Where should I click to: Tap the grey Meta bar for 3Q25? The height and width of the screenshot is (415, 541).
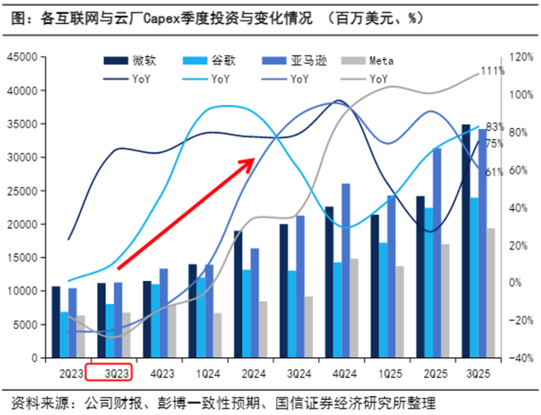pyautogui.click(x=491, y=292)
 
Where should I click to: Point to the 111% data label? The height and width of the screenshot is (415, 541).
pyautogui.click(x=492, y=71)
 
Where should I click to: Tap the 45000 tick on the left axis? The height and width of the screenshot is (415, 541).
pyautogui.click(x=22, y=57)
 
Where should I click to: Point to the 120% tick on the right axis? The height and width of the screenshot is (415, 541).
pyautogui.click(x=521, y=57)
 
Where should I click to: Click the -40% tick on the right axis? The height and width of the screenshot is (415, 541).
pyautogui.click(x=521, y=358)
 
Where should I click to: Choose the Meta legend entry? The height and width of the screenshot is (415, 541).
pyautogui.click(x=381, y=61)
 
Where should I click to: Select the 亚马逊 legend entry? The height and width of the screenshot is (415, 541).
pyautogui.click(x=308, y=61)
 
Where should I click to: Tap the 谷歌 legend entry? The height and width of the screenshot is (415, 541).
pyautogui.click(x=222, y=61)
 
